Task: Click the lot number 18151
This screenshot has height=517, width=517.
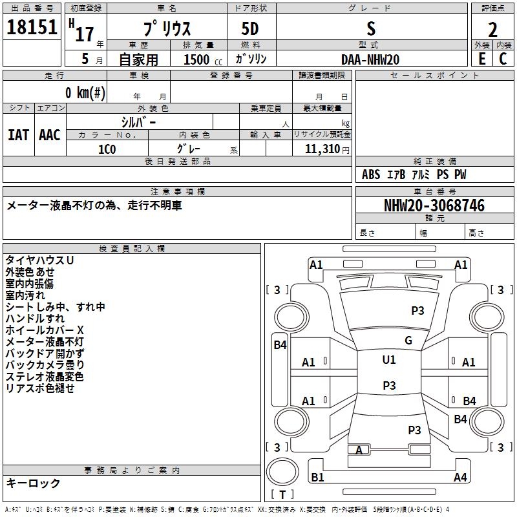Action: point(32,27)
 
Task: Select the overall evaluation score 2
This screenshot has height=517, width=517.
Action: point(492,30)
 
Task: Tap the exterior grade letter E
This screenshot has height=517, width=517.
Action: point(481,59)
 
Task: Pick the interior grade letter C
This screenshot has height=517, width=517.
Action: point(503,59)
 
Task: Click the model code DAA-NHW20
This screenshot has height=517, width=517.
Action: point(370,59)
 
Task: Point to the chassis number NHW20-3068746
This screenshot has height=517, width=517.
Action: point(434,206)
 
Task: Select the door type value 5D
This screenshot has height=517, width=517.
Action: point(250,29)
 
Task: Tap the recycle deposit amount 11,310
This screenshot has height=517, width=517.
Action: point(322,149)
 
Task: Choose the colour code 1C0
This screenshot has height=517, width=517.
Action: point(107,150)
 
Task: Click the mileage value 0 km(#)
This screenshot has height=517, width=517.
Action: point(85,93)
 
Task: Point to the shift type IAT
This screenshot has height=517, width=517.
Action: point(19,135)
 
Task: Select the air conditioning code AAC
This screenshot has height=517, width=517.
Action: point(50,135)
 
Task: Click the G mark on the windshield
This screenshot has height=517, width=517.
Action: point(408,341)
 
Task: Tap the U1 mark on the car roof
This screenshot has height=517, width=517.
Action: point(389,360)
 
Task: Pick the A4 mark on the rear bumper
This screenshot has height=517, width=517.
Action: point(460,477)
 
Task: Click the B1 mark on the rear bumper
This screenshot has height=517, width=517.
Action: point(317,478)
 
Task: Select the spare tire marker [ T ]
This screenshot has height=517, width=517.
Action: point(282,494)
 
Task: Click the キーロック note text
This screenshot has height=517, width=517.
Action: point(33,483)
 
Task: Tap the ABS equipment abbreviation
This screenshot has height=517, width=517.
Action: point(371,174)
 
